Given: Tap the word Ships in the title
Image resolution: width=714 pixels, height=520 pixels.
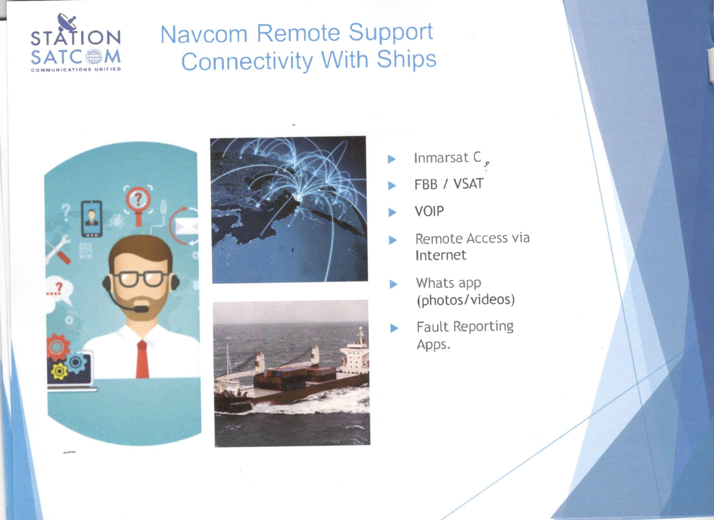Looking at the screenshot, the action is [x=406, y=58].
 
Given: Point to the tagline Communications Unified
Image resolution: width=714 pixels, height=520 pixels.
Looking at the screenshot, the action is [x=76, y=69].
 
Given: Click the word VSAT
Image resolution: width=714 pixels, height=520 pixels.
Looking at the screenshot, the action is [x=468, y=184].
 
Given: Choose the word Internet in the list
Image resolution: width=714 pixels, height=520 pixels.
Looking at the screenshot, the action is [x=440, y=255].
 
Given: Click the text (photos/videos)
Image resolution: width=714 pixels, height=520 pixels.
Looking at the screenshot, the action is [x=465, y=300].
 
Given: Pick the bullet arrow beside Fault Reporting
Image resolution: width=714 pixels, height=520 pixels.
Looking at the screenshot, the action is [x=394, y=329].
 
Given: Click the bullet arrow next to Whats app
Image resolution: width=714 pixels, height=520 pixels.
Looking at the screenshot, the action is [x=393, y=284].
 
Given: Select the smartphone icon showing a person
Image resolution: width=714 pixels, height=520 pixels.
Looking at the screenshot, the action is [x=91, y=219].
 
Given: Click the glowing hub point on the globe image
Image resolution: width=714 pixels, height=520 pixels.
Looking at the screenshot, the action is [x=297, y=198].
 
